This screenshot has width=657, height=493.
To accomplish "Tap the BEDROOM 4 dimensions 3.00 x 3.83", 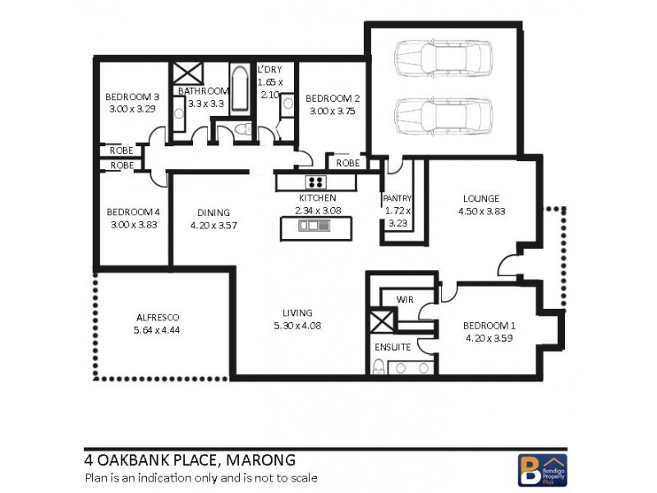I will (x=132, y=224).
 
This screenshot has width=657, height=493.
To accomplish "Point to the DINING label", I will (x=213, y=212).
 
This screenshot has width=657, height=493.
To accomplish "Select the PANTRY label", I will (x=397, y=199).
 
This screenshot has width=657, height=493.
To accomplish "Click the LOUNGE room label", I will (x=480, y=198).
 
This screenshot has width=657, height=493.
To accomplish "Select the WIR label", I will (x=404, y=299).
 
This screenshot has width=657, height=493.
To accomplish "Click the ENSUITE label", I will (x=393, y=347).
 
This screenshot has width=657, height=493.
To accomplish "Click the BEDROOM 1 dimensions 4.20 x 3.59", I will (x=488, y=337).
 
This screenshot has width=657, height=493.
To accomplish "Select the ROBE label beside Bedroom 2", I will (x=347, y=163).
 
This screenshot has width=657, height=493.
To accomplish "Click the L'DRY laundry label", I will (x=269, y=71).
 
